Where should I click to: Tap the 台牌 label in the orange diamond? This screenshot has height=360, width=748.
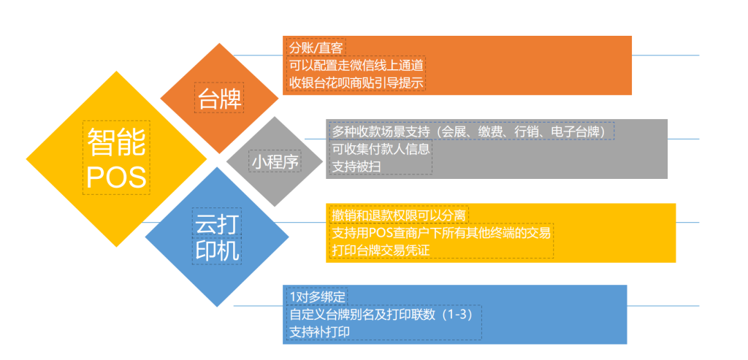[219, 99]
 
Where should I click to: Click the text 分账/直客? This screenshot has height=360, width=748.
[316, 48]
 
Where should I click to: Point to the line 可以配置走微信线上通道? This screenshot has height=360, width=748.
[356, 65]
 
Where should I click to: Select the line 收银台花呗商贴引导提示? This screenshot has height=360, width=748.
[356, 83]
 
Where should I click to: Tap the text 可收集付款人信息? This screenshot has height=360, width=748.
[381, 149]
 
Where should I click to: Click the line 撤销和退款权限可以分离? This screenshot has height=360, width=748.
[399, 215]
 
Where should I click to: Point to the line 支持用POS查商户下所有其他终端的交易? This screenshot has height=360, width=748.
[441, 233]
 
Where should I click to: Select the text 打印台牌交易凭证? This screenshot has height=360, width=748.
[381, 250]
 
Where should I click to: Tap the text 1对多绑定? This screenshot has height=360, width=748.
[317, 296]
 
